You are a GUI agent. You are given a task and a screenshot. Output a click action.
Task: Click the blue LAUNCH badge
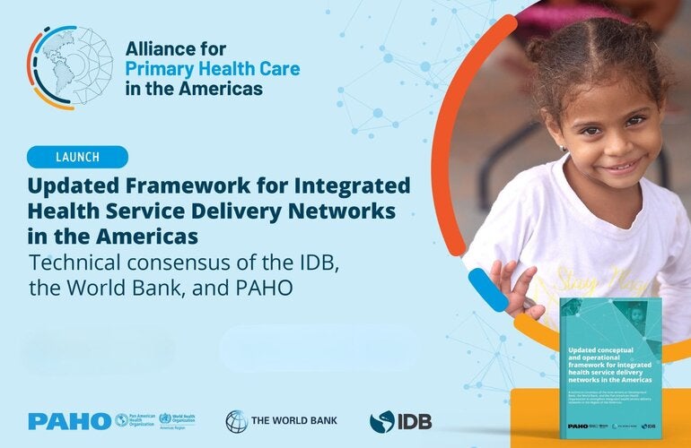point(77,157)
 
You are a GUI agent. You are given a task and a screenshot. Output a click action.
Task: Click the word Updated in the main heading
point(76,186)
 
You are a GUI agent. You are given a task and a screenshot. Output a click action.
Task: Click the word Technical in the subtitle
point(77,265)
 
